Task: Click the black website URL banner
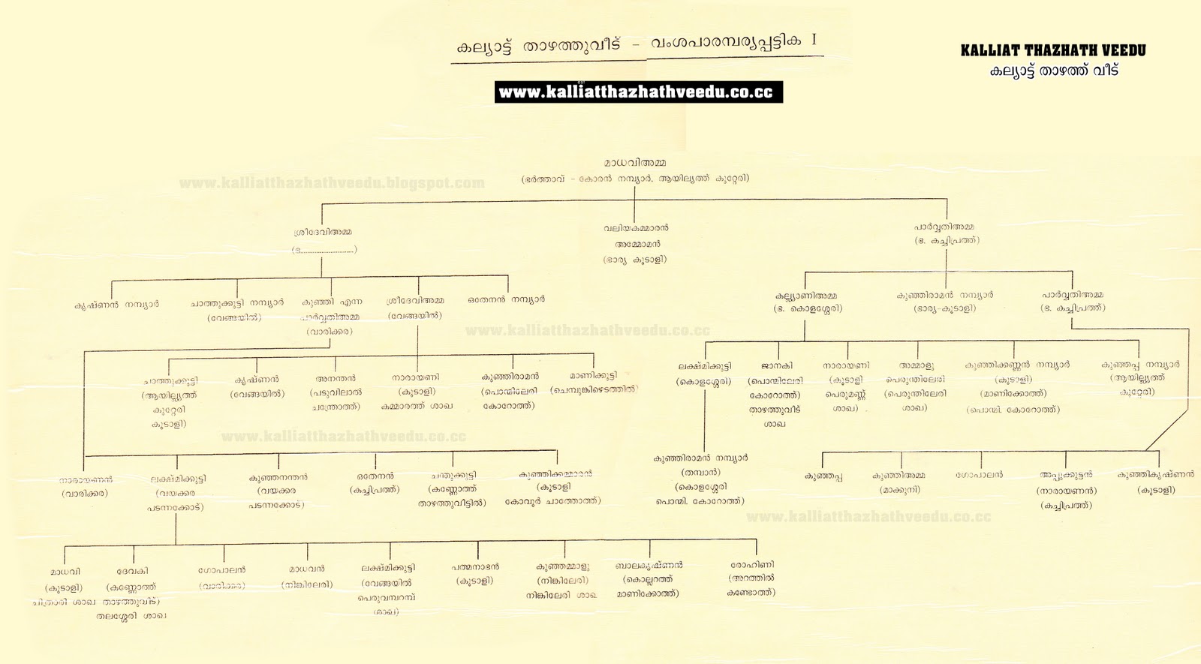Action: (x=638, y=92)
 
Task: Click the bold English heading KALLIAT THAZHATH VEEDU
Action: (x=1053, y=51)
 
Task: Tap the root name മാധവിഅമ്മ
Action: (x=635, y=163)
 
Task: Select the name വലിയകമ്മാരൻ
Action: (x=636, y=227)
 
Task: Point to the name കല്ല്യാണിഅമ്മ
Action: (x=806, y=296)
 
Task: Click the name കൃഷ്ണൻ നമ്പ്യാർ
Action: (x=116, y=305)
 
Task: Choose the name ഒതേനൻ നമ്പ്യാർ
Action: (x=507, y=299)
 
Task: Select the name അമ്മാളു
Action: (x=917, y=366)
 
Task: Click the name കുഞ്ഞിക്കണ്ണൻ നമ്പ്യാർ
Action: (x=1017, y=365)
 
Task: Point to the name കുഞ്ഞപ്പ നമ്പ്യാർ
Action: (x=1140, y=365)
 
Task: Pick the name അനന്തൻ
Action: (x=336, y=379)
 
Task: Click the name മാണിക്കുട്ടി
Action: (x=593, y=375)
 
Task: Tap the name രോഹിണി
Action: (x=752, y=565)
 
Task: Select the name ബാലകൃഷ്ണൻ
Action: (x=649, y=565)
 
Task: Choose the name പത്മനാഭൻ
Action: (x=475, y=567)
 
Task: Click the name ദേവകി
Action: (x=132, y=571)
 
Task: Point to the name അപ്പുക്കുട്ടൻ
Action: (x=1066, y=475)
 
